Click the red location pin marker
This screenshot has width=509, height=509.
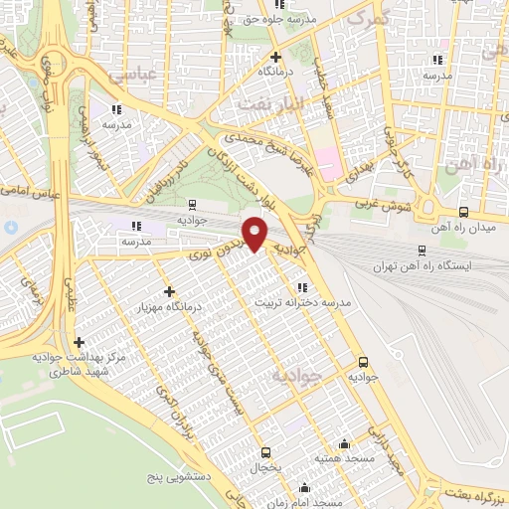tap(256, 234)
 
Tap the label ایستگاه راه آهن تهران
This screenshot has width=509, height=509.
tap(419, 267)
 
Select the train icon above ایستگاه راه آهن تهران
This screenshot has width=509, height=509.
tap(422, 251)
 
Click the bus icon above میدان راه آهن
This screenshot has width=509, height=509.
tap(463, 211)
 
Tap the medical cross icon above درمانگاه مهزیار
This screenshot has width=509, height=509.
tap(169, 292)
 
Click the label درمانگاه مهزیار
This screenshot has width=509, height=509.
tap(169, 307)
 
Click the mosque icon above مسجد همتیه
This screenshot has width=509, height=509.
tap(344, 443)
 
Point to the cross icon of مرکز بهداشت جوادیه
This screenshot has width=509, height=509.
tap(80, 341)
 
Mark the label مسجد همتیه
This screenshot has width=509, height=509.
tap(344, 458)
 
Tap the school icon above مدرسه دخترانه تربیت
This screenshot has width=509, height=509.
tap(300, 288)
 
